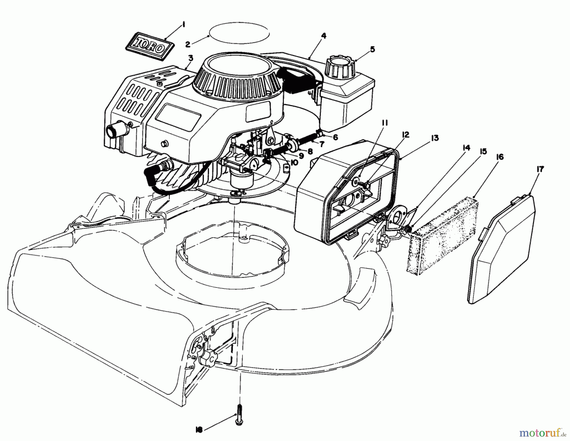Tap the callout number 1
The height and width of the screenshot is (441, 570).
184,24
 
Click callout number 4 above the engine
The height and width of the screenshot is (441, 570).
323,36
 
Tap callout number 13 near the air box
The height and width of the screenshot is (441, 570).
434,138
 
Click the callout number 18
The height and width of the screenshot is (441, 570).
199,429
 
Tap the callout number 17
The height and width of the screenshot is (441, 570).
540,170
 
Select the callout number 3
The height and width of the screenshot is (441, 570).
191,58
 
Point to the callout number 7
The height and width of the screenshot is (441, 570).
322,144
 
